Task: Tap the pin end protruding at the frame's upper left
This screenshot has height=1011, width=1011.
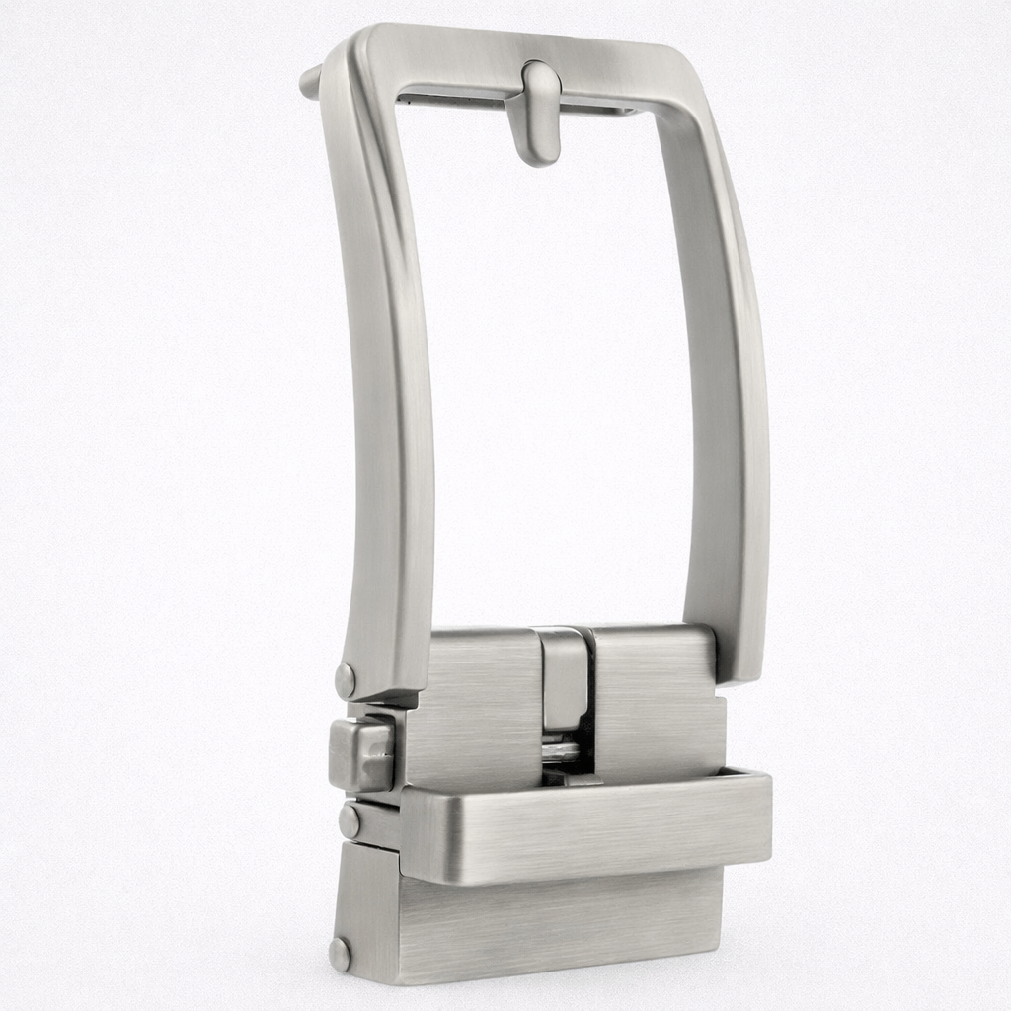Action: coord(310,82)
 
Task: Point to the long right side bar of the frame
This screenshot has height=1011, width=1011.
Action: coord(726,395)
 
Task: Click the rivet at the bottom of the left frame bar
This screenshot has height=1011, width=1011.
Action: coord(346,680)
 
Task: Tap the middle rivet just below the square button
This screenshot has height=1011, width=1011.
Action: coord(350,821)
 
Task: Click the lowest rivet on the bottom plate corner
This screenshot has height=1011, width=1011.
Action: coord(340,954)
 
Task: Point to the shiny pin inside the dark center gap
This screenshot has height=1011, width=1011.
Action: coord(560,752)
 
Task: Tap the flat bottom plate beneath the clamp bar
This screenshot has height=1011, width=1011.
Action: coord(553,923)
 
